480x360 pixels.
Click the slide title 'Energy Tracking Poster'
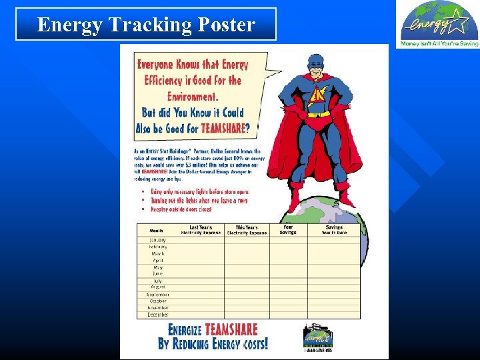(146, 25)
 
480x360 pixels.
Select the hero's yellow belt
(319, 115)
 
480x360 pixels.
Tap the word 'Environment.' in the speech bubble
(194, 96)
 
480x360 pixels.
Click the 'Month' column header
(157, 231)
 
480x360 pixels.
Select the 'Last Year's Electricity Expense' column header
(201, 230)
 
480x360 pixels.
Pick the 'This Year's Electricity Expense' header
(247, 230)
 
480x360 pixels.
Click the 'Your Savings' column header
(288, 230)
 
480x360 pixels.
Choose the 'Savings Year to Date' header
(334, 230)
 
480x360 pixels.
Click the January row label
(158, 240)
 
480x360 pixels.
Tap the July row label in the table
(158, 281)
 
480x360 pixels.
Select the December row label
(158, 315)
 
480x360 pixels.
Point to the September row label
(158, 294)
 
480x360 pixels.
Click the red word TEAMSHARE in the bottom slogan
(231, 330)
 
